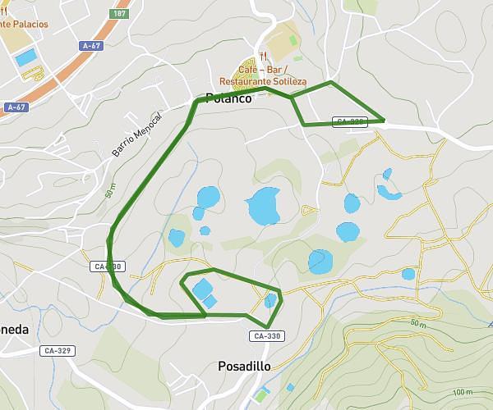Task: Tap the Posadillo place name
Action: coord(243,366)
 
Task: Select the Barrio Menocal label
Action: coord(138,132)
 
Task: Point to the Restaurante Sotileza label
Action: coord(263,82)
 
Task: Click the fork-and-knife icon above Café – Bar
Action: coord(263,57)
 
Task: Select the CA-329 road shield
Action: coord(58,351)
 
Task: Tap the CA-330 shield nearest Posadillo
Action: coord(267,336)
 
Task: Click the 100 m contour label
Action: coord(463,392)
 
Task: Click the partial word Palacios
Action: coord(25,25)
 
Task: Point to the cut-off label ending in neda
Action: coord(14,330)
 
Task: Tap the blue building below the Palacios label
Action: coord(26,57)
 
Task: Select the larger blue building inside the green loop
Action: coord(200,289)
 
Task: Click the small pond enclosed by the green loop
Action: coord(271,300)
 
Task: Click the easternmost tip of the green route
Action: coord(384,121)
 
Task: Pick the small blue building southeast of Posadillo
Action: coord(290,387)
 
